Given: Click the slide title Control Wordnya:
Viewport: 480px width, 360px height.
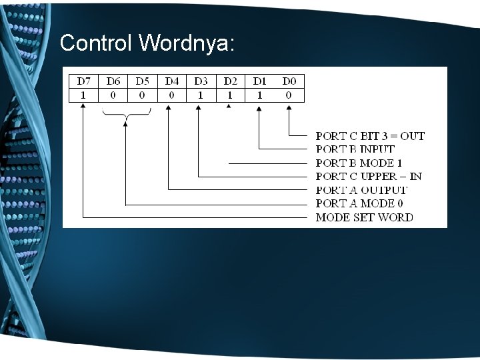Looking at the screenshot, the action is tap(147, 43).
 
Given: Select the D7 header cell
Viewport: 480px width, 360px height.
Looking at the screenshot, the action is tap(83, 81).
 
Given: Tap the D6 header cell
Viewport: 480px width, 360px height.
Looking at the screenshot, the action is tap(113, 81).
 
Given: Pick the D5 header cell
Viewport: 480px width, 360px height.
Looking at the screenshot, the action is tap(143, 81).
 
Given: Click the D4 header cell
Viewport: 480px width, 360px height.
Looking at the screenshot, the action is tap(172, 81).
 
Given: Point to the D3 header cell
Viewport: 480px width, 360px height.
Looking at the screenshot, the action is tap(201, 81).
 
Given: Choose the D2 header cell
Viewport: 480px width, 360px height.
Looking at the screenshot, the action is tap(230, 81).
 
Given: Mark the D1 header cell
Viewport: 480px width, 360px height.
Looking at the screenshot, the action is tap(259, 81).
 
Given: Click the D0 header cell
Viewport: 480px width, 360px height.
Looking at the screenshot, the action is tap(289, 81).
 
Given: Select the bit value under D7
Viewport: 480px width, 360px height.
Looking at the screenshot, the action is tap(83, 95).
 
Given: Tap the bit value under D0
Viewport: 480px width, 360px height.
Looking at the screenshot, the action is tap(289, 95).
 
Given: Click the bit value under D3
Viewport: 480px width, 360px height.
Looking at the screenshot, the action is tap(201, 95).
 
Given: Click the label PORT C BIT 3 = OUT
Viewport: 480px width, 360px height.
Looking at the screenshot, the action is tap(369, 136).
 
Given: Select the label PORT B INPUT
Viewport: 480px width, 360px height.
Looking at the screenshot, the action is tap(355, 149).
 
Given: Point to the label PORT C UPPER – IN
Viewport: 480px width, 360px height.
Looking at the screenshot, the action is tap(368, 177).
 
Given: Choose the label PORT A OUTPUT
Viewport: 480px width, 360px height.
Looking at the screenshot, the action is tap(361, 190).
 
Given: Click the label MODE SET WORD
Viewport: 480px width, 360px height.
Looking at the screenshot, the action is tap(364, 217).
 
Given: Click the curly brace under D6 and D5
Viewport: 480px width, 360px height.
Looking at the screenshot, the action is tap(127, 117).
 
